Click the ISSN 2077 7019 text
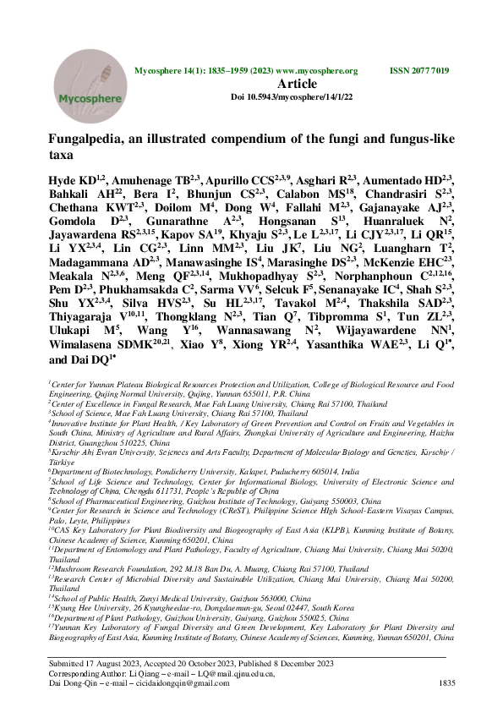[418, 71]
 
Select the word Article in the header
[302, 84]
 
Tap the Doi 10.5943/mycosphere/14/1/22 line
[292, 98]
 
